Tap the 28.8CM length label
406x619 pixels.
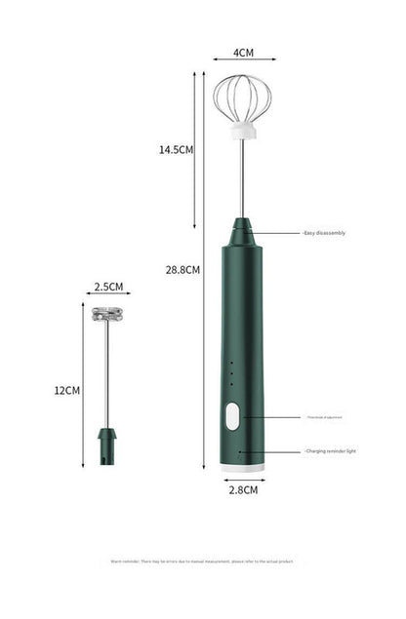tap(183, 270)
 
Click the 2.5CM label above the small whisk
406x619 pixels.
tap(108, 287)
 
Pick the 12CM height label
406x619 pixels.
tap(66, 390)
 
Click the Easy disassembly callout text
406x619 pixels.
tap(324, 233)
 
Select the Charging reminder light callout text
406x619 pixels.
tap(330, 451)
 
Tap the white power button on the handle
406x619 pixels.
tap(231, 417)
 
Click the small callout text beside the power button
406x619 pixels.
tap(323, 417)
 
